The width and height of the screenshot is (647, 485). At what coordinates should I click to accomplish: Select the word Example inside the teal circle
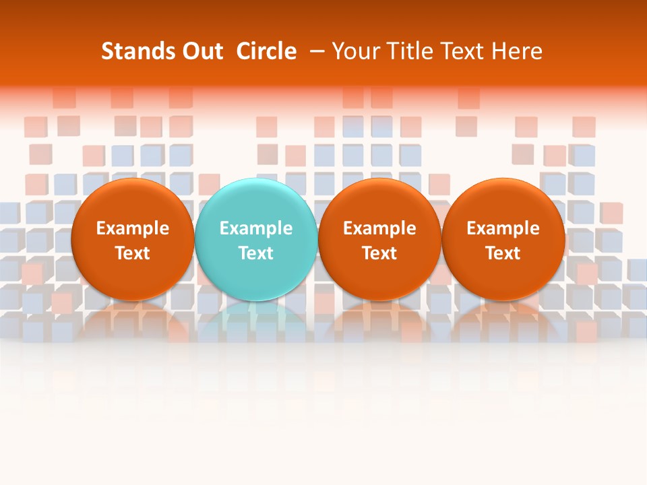(x=256, y=228)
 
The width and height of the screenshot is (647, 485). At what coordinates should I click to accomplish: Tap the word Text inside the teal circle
(x=256, y=253)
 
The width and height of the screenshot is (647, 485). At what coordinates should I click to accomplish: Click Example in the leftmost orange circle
(x=133, y=228)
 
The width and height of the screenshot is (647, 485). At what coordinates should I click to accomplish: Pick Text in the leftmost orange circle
(x=133, y=253)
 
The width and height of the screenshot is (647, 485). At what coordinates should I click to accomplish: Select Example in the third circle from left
(x=379, y=228)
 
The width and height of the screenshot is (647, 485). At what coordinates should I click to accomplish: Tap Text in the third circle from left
(x=379, y=253)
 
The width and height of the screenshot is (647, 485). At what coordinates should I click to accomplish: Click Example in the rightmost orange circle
(x=503, y=228)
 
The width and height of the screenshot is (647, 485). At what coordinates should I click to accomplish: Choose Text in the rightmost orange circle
(x=503, y=253)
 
